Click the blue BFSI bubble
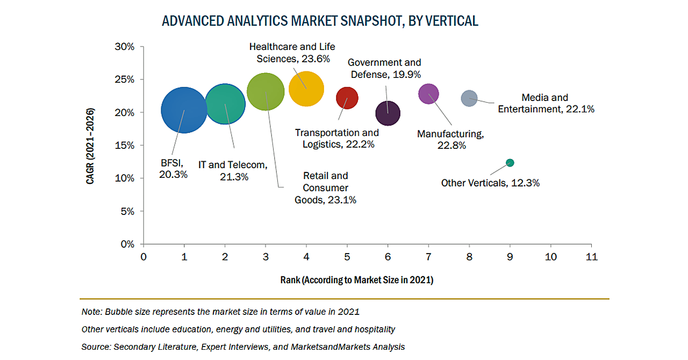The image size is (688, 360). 184,110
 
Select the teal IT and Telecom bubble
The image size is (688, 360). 225,104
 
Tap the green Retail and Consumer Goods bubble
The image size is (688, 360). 266,92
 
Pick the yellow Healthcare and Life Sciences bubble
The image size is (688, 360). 306,89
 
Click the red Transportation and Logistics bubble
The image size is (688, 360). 347,98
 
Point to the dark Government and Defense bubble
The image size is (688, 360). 388,113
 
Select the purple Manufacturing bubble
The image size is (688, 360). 428,94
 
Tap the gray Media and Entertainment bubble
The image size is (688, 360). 469,98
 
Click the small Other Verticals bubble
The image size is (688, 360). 510,163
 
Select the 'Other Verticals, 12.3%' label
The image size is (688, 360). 490,183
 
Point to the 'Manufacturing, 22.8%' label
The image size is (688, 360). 450,140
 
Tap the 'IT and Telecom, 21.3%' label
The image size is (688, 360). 233,170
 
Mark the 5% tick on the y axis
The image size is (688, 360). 127,211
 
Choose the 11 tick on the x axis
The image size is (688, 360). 592,257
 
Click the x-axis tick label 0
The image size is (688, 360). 144,257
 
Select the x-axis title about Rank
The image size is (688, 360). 356,280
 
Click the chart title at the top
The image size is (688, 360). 320,21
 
